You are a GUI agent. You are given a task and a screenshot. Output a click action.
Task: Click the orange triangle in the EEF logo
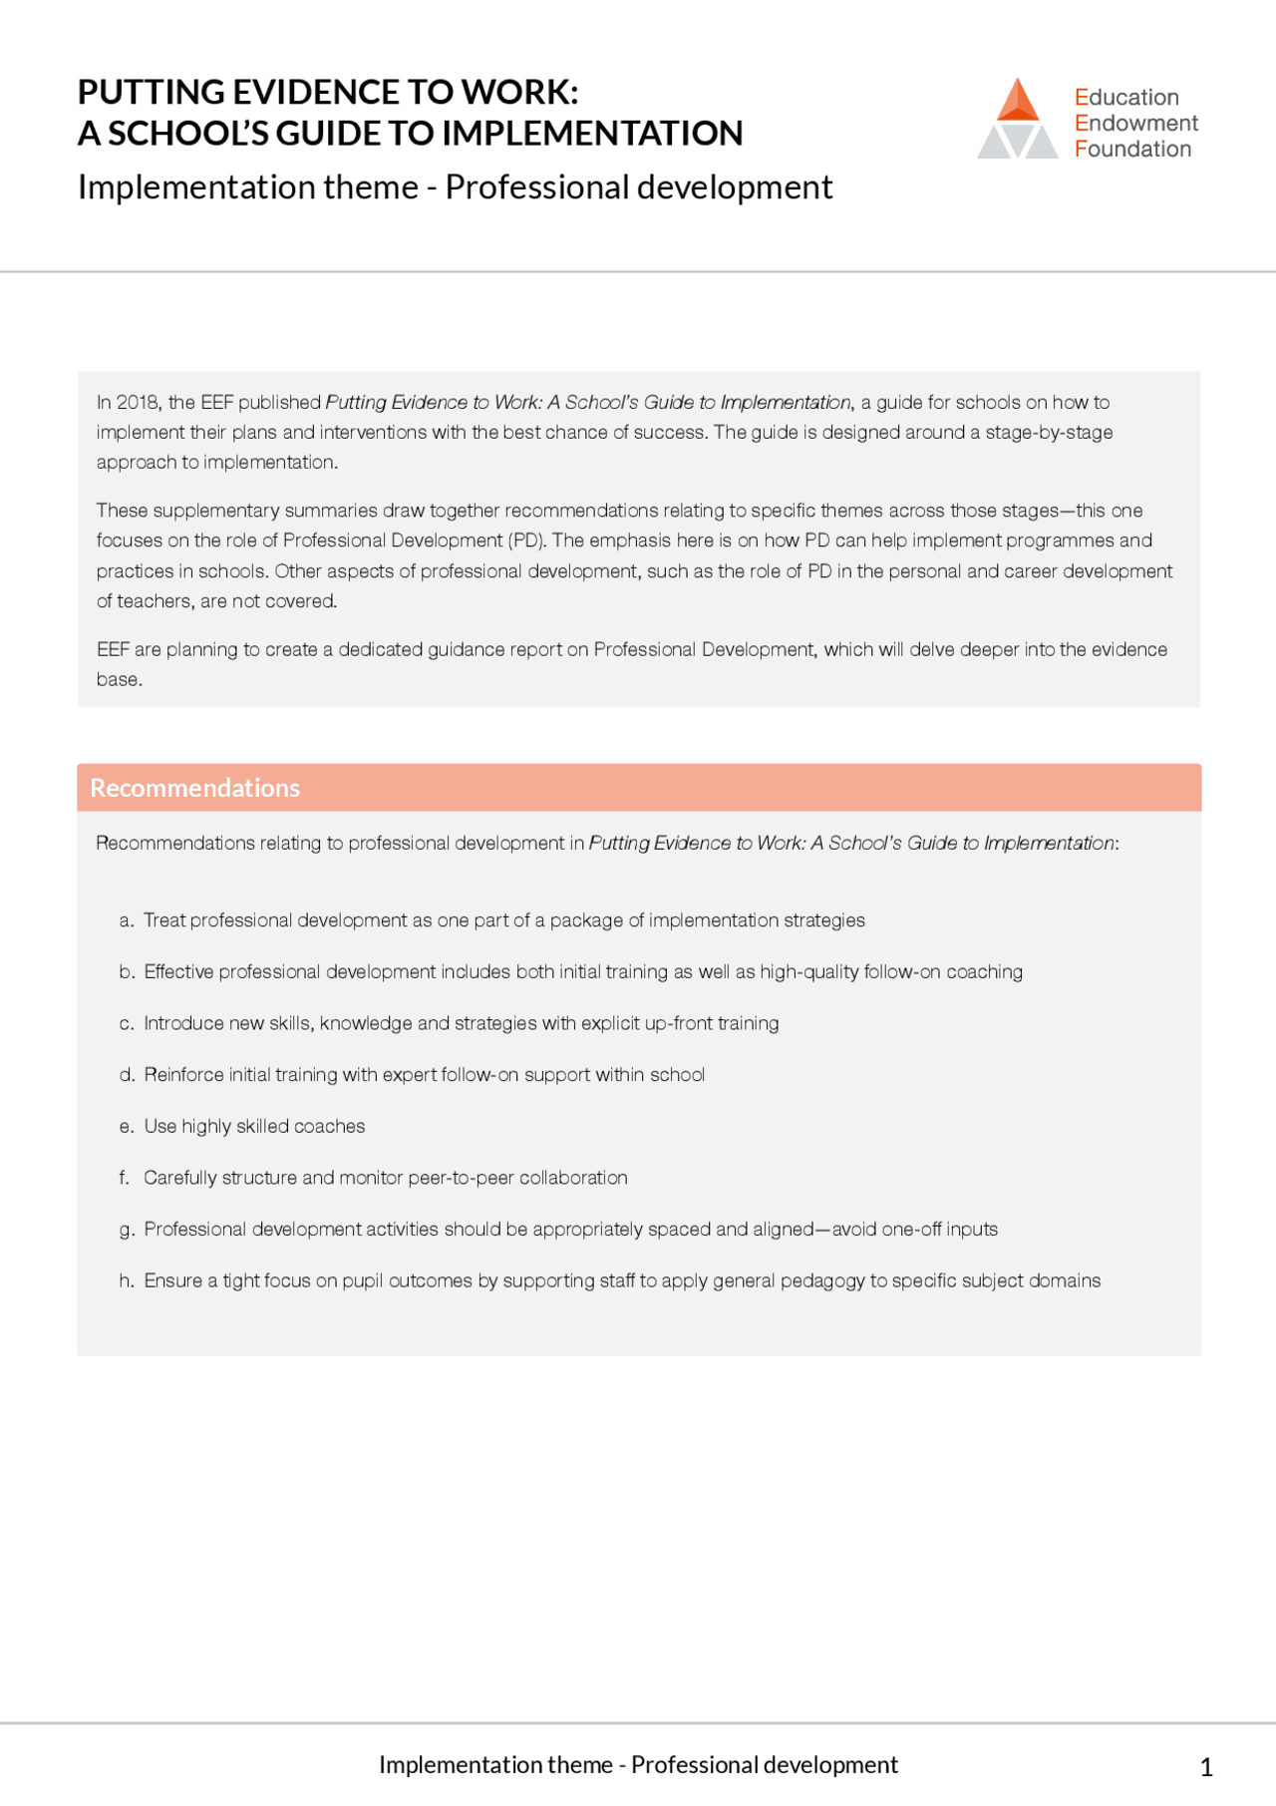[1018, 102]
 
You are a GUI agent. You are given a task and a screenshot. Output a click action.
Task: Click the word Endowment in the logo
[1136, 123]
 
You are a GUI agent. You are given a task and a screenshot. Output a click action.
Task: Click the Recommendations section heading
[194, 788]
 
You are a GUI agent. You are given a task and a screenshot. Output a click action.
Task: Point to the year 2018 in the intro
[138, 402]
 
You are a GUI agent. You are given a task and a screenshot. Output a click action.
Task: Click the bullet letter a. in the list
[126, 920]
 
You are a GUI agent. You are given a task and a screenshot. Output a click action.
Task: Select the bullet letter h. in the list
[126, 1280]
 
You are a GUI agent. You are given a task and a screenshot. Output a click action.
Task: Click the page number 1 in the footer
[1206, 1767]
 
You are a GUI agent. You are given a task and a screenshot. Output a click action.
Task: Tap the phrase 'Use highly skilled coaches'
[254, 1126]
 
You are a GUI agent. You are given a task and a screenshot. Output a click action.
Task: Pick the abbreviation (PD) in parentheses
[527, 541]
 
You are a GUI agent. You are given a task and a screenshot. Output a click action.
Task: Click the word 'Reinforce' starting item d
[183, 1074]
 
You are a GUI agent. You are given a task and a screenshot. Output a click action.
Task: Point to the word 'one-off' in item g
[911, 1229]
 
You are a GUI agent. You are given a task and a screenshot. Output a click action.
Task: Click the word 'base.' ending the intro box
[119, 679]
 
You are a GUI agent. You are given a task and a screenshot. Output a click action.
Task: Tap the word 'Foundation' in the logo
[1132, 149]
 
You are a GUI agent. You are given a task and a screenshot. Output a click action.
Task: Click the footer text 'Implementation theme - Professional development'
[638, 1764]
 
